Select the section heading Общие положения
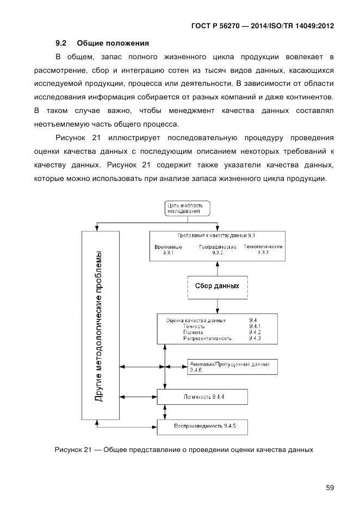pyautogui.click(x=113, y=43)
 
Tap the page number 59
pyautogui.click(x=330, y=487)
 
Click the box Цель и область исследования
pyautogui.click(x=187, y=208)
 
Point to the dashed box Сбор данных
pyautogui.click(x=217, y=286)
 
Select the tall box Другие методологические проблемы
pyautogui.click(x=100, y=325)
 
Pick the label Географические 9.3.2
pyautogui.click(x=218, y=250)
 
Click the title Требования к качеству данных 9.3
pyautogui.click(x=216, y=236)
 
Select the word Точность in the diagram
pyautogui.click(x=194, y=326)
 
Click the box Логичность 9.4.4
pyautogui.click(x=203, y=397)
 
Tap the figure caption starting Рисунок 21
pyautogui.click(x=184, y=450)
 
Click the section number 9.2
pyautogui.click(x=61, y=43)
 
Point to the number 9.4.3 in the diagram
pyautogui.click(x=255, y=338)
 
